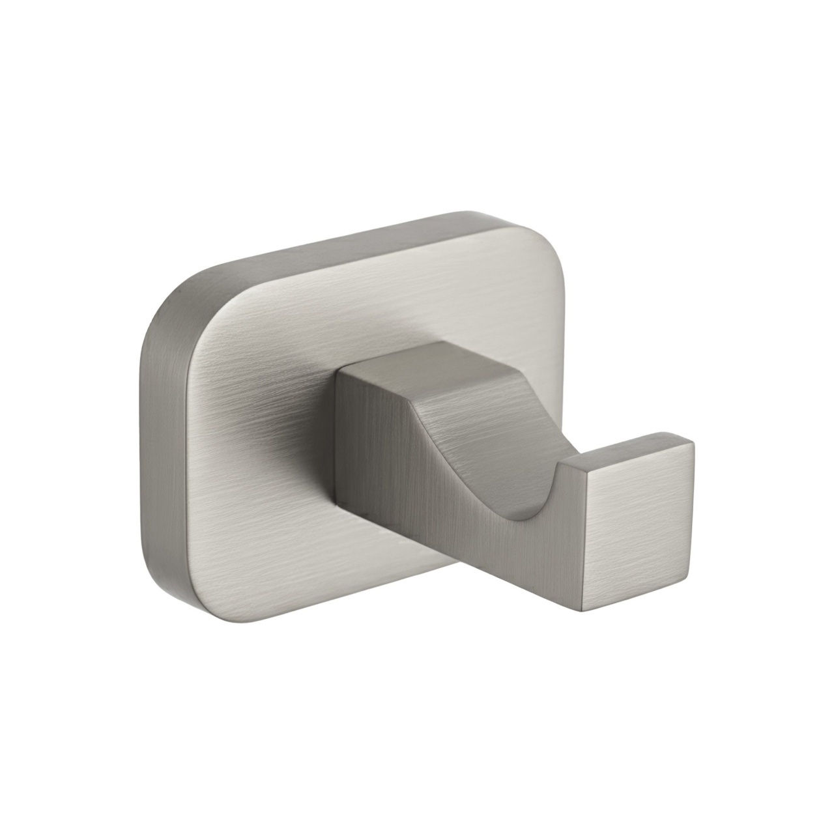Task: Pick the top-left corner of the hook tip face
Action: (x=590, y=466)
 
